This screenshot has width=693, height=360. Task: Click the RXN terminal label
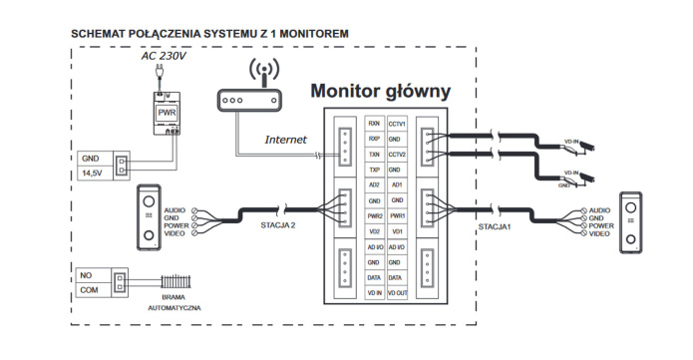pyautogui.click(x=374, y=123)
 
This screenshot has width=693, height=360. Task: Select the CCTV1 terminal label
pyautogui.click(x=396, y=123)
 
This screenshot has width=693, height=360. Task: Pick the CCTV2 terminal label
pyautogui.click(x=396, y=155)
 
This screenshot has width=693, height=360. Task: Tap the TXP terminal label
pyautogui.click(x=374, y=171)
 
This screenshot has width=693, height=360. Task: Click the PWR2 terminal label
pyautogui.click(x=374, y=215)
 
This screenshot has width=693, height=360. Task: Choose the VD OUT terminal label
pyautogui.click(x=396, y=293)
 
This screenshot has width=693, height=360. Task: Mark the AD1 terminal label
pyautogui.click(x=396, y=185)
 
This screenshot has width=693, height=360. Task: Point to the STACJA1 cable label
pyautogui.click(x=496, y=225)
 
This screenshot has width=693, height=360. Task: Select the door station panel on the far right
pyautogui.click(x=632, y=220)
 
